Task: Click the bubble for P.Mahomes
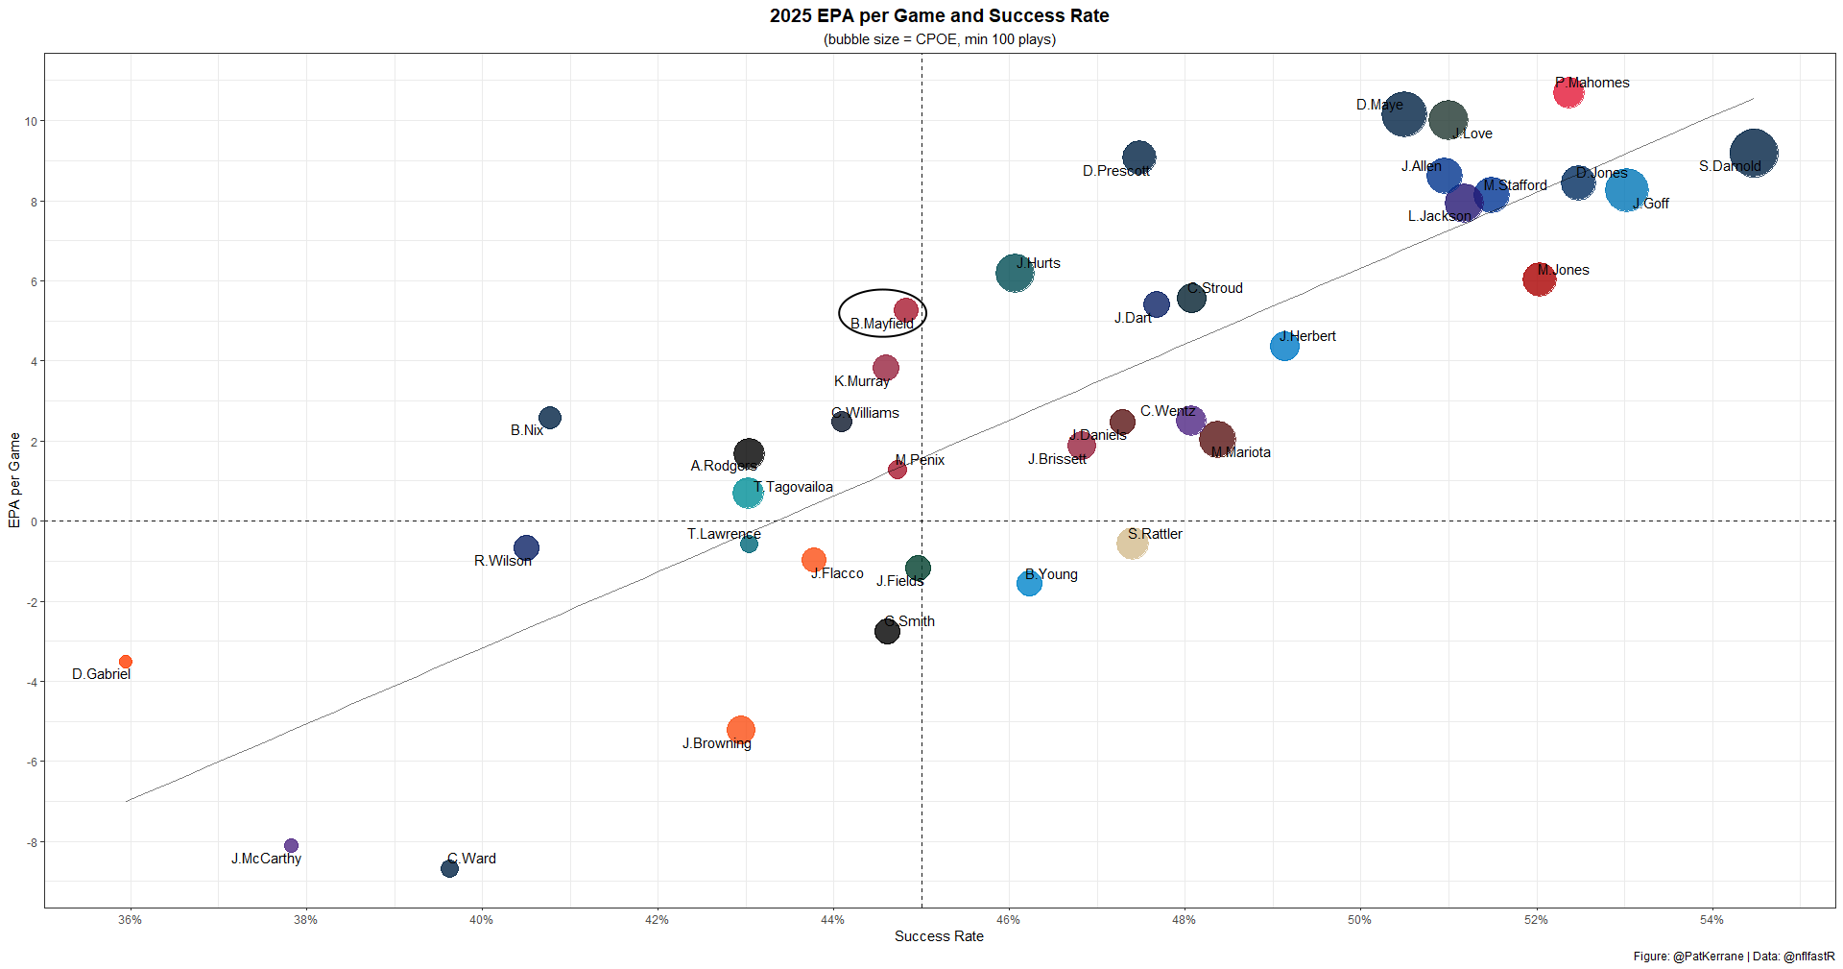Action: point(1568,93)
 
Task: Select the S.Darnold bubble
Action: point(1753,154)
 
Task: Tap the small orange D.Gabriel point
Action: point(126,662)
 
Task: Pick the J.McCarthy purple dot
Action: point(291,846)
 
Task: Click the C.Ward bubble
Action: point(449,869)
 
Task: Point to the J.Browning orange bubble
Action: point(740,730)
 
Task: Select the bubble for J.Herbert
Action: point(1284,346)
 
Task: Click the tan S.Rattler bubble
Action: point(1133,544)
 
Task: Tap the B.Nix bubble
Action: point(550,418)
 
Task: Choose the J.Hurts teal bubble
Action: point(1015,274)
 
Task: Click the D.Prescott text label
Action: point(1115,171)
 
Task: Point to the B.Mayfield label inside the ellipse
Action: point(881,324)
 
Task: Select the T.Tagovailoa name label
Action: point(794,487)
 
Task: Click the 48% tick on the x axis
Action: point(1184,920)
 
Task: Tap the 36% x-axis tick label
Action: point(131,920)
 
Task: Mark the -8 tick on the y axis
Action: point(32,842)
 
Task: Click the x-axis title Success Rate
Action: point(939,936)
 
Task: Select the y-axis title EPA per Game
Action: point(14,480)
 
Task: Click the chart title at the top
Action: point(939,16)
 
